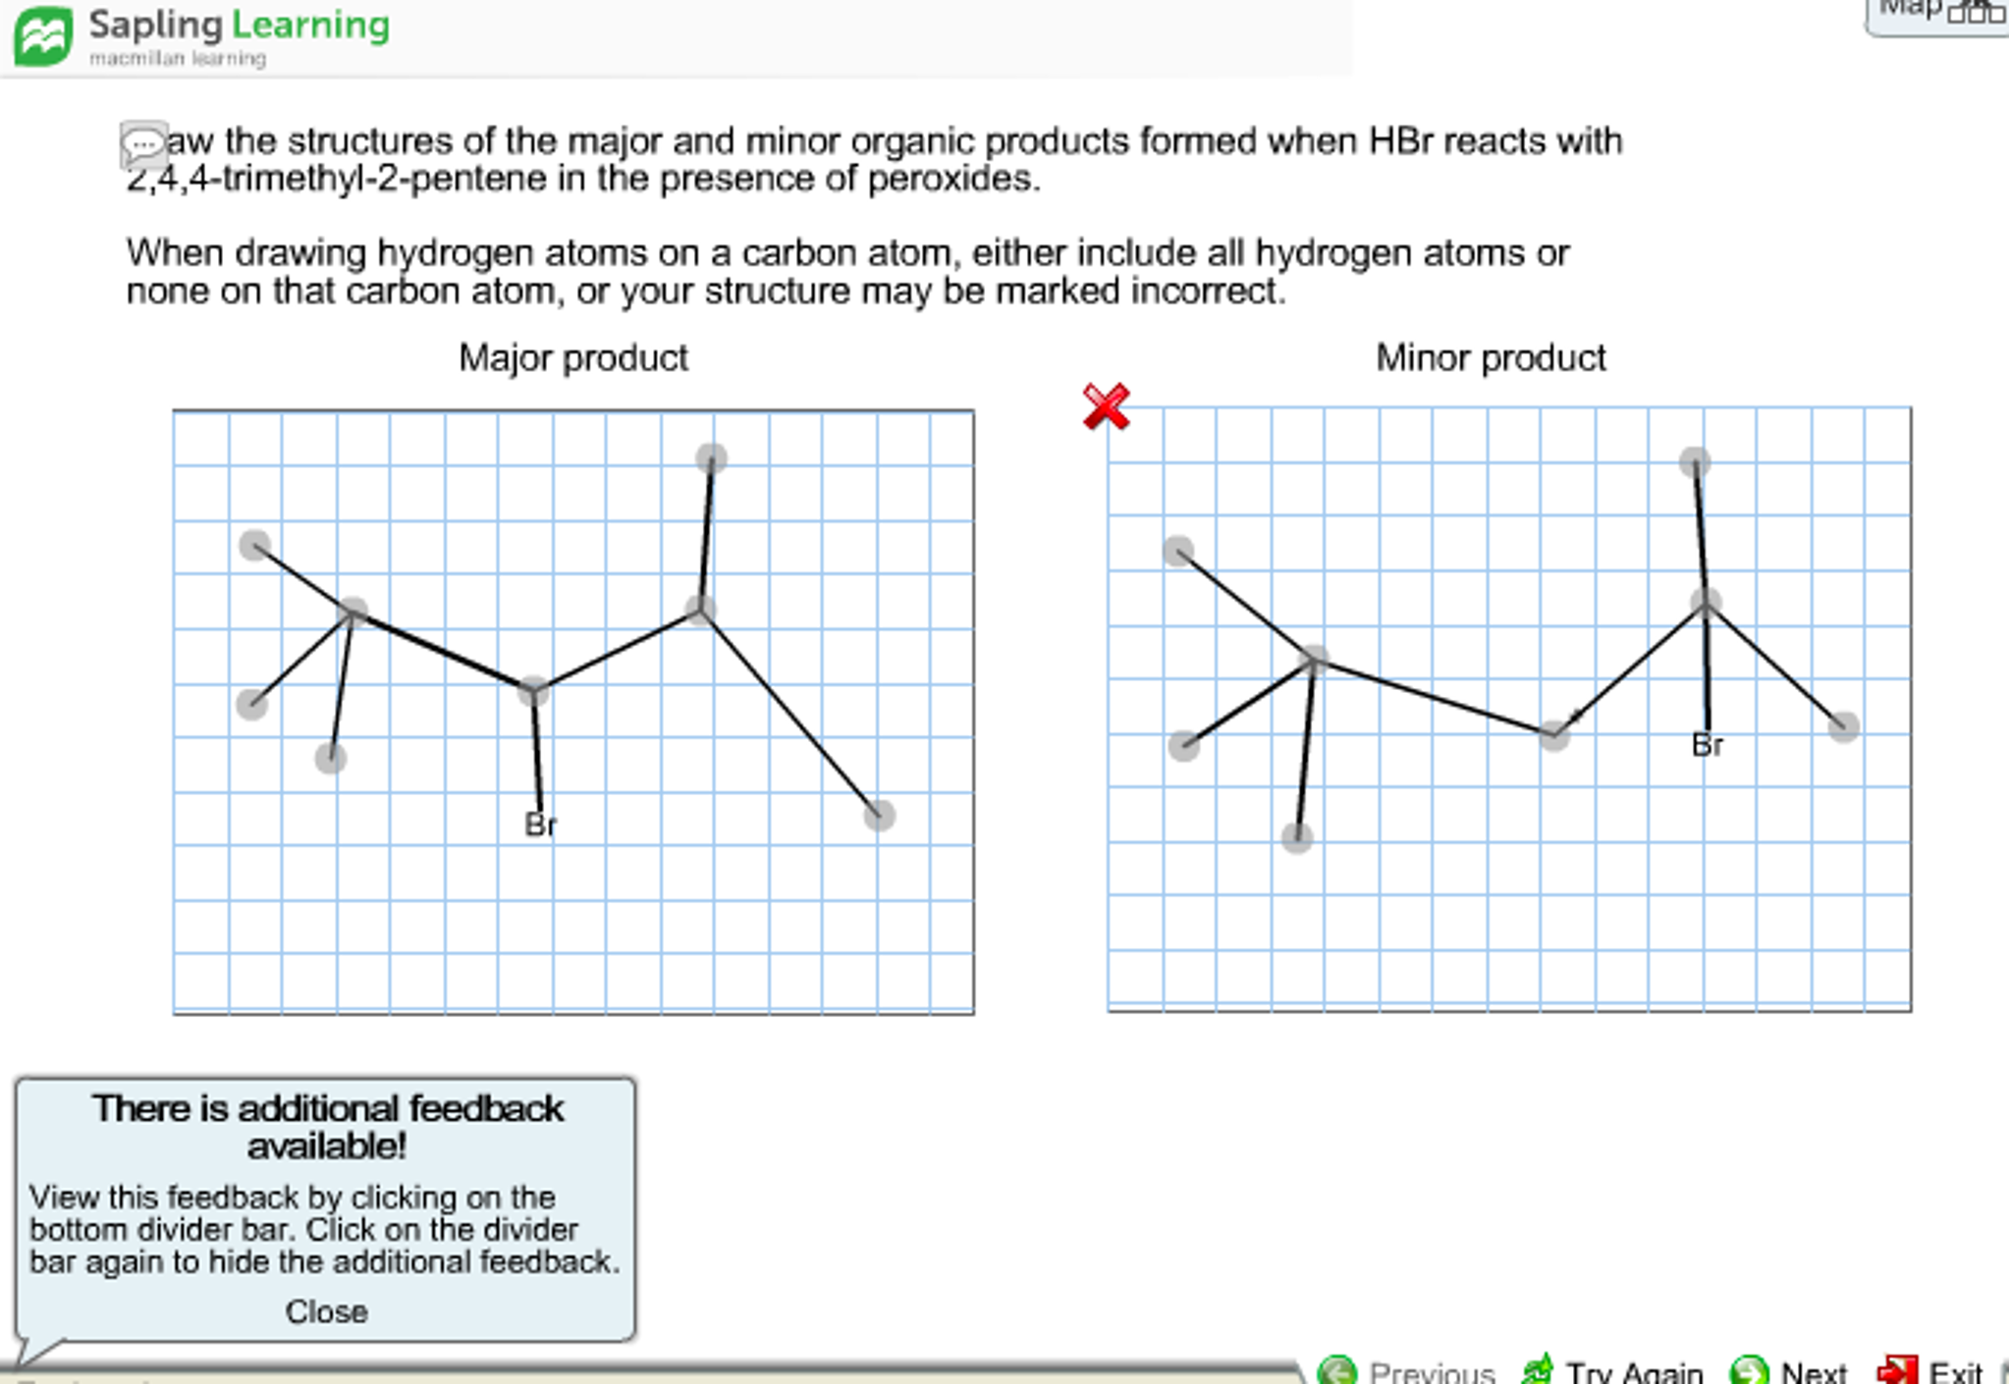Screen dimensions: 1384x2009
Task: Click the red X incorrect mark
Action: coord(1106,406)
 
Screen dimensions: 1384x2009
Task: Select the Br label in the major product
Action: coord(540,825)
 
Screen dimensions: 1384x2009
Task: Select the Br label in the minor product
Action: coord(1707,745)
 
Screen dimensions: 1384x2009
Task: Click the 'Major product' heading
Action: coord(572,358)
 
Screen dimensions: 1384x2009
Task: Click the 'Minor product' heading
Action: coord(1490,358)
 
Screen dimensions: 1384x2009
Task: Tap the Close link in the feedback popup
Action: coord(326,1311)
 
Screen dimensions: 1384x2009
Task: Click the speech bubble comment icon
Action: coord(143,145)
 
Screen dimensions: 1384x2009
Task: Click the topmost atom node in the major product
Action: coord(711,457)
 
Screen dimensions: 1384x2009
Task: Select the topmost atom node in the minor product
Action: coord(1695,461)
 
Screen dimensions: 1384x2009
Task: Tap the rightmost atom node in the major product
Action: coord(879,815)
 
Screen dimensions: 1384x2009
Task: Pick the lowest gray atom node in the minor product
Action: coord(1297,837)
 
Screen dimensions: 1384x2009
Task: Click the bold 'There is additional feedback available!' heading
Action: coord(327,1127)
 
